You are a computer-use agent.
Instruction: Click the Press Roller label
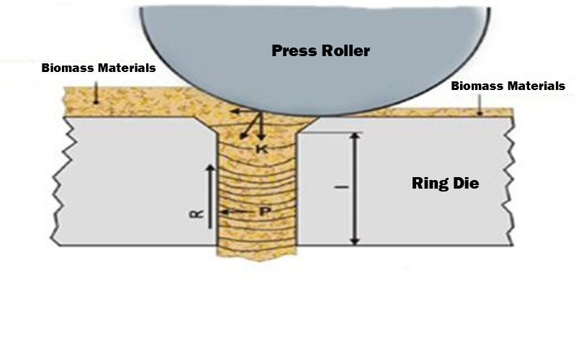[x=320, y=50]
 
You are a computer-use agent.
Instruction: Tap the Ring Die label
[x=444, y=183]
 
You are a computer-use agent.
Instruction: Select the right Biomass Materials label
[x=508, y=86]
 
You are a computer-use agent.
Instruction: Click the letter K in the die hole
[x=262, y=148]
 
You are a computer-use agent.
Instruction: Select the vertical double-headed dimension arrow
[x=355, y=189]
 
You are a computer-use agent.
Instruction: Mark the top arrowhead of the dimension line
[x=355, y=138]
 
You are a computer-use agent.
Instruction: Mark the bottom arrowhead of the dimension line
[x=355, y=240]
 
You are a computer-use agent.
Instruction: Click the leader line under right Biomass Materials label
[x=477, y=104]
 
